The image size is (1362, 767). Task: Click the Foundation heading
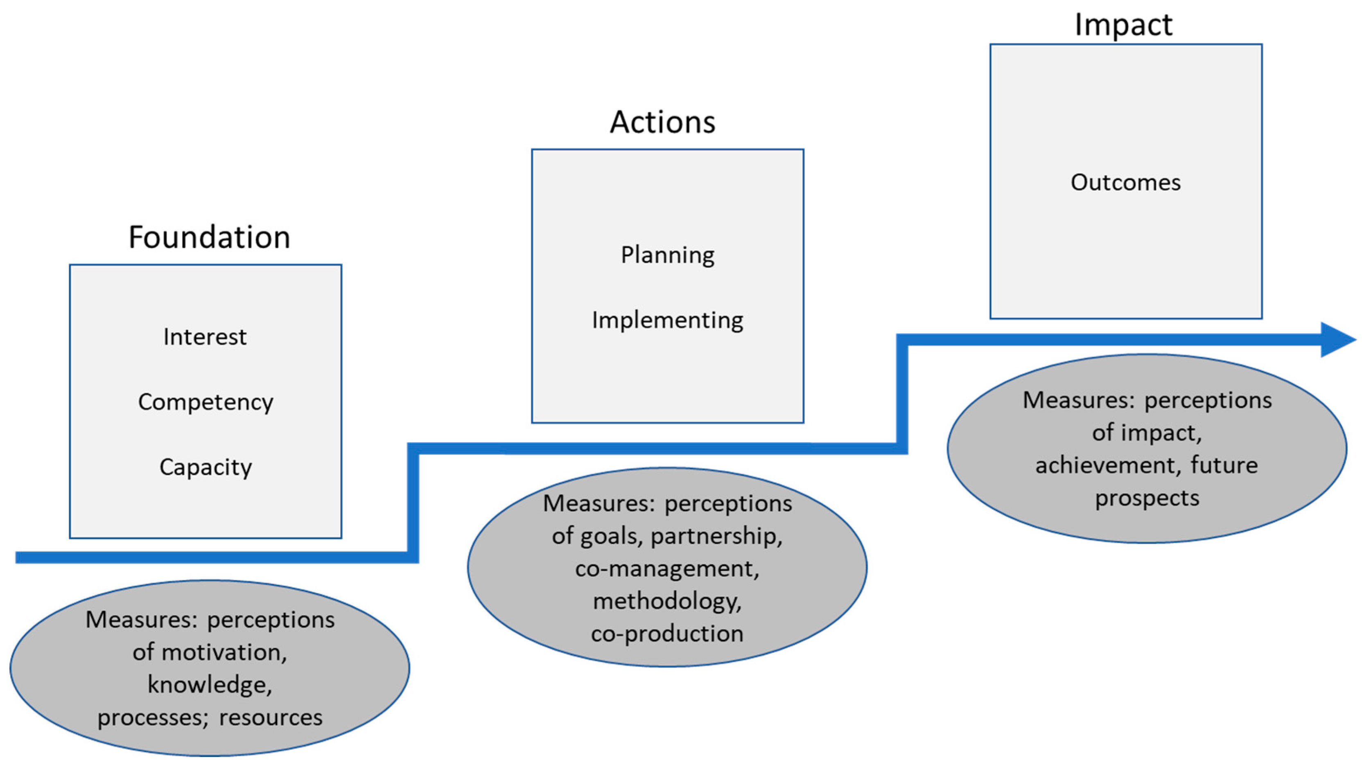(209, 237)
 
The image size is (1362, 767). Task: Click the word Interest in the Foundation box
(205, 337)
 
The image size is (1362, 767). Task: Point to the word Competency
(206, 402)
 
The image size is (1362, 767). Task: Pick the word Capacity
(206, 467)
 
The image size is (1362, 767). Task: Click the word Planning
(667, 255)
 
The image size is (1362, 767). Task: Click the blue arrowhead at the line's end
(1338, 339)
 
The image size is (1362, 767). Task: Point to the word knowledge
(209, 685)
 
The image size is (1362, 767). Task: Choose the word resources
(271, 718)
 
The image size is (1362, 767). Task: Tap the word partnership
(716, 537)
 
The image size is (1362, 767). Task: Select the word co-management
(667, 569)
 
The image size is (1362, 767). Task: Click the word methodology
(667, 602)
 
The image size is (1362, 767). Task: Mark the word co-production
(667, 634)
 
